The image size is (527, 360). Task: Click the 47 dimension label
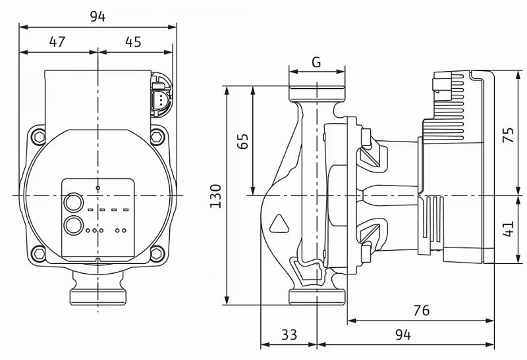coord(57,41)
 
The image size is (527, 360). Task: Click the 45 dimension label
coord(134,41)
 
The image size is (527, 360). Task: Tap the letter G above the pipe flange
coord(316,62)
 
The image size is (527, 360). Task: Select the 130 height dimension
coord(216,195)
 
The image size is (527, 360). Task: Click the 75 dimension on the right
coord(508,135)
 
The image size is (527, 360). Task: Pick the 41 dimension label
coord(508,228)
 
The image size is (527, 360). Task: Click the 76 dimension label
coord(422,310)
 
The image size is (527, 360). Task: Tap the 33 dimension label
coord(289,334)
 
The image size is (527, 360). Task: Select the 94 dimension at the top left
coord(97,16)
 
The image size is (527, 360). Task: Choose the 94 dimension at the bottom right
coord(403,334)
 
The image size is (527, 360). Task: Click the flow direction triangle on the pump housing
coord(279,224)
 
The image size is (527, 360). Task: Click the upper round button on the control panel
coord(73,203)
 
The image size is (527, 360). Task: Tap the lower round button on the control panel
coord(73,226)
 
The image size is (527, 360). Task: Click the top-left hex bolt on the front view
coord(40,137)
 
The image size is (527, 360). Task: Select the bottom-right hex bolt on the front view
coord(157,253)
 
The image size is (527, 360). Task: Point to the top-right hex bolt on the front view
coord(157,137)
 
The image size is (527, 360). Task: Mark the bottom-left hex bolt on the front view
coord(40,253)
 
